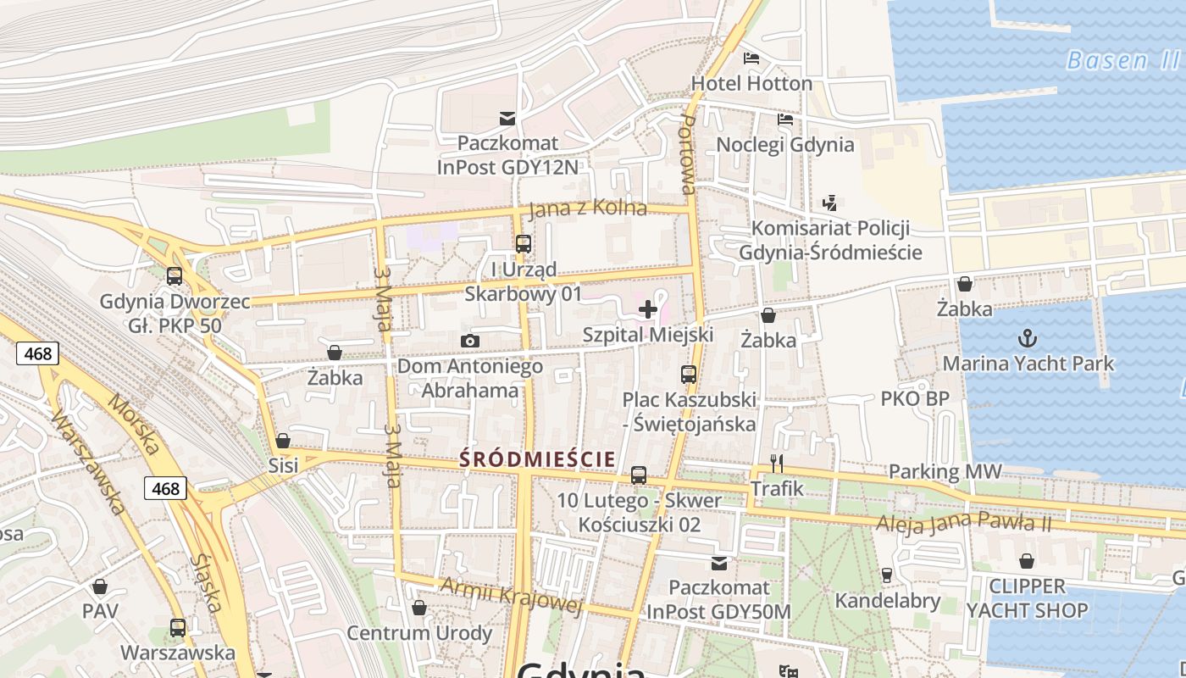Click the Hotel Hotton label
[x=751, y=83]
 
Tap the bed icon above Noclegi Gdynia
[x=785, y=119]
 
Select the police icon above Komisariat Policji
[x=830, y=203]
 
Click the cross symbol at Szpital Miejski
[x=648, y=309]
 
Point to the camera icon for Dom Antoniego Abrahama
[x=470, y=341]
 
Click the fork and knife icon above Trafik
[x=777, y=464]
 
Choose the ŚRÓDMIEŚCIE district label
[x=537, y=459]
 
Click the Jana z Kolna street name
[x=587, y=208]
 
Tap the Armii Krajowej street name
[x=512, y=593]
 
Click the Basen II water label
[x=1122, y=60]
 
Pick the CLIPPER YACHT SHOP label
[x=1027, y=598]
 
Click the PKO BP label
[x=915, y=398]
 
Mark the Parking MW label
[x=945, y=471]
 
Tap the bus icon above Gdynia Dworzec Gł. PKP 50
[x=175, y=276]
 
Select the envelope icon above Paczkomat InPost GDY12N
[x=507, y=119]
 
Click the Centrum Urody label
[x=419, y=632]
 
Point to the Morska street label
[x=133, y=425]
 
